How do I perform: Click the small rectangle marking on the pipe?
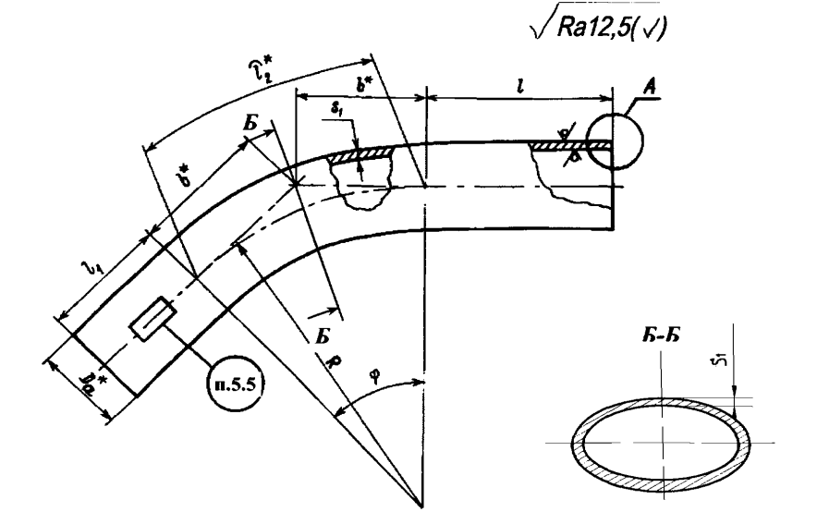[149, 318]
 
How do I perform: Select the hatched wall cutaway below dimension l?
[555, 145]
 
